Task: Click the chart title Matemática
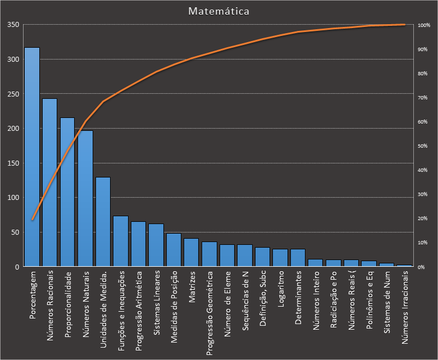pyautogui.click(x=219, y=11)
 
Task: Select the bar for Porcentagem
pyautogui.click(x=32, y=157)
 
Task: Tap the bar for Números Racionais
pyautogui.click(x=49, y=183)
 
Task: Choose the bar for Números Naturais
pyautogui.click(x=85, y=199)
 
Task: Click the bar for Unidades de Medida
pyautogui.click(x=103, y=222)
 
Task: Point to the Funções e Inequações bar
pyautogui.click(x=121, y=241)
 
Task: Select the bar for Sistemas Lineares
pyautogui.click(x=156, y=245)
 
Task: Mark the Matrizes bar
pyautogui.click(x=191, y=253)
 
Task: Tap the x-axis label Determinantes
pyautogui.click(x=298, y=298)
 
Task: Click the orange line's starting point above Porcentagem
pyautogui.click(x=32, y=220)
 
